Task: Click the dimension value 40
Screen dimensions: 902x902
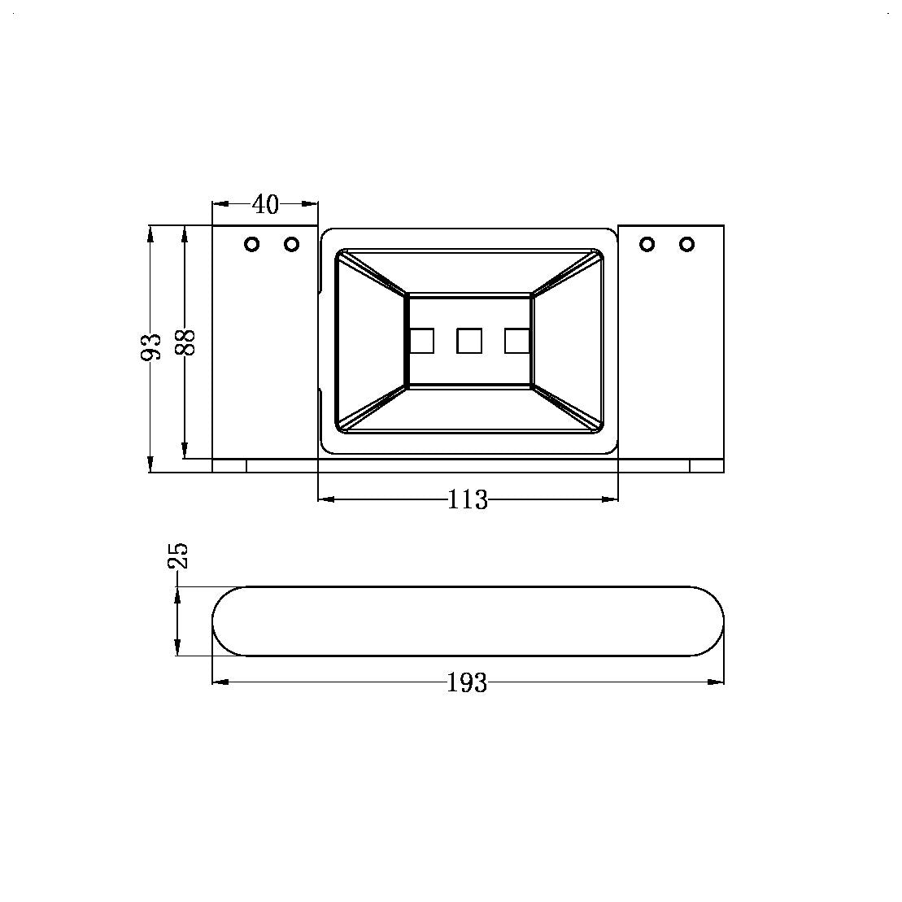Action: pos(266,204)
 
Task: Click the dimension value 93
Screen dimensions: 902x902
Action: pos(151,346)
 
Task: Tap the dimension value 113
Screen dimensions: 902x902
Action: pos(468,500)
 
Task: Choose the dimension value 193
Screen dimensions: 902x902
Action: pos(467,683)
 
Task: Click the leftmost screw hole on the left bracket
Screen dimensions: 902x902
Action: pos(252,245)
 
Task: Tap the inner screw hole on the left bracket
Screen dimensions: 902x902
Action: pos(292,245)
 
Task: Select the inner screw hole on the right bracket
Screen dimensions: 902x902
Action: pos(647,245)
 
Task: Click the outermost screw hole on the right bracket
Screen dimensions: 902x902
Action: pos(686,245)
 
